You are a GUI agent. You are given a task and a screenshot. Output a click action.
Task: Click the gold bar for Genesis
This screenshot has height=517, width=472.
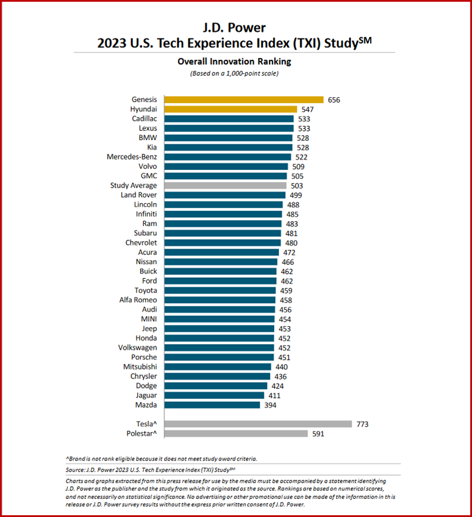[x=244, y=100]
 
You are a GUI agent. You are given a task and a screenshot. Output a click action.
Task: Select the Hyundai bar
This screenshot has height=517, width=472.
[x=230, y=109]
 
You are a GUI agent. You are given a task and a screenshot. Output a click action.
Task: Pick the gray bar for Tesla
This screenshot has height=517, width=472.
[x=258, y=424]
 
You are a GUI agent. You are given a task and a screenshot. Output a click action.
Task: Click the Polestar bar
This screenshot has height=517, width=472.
[x=236, y=433]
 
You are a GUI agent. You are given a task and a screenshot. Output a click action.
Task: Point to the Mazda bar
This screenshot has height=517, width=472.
[x=212, y=405]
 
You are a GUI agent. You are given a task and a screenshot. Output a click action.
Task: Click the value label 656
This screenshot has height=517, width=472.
[x=334, y=100]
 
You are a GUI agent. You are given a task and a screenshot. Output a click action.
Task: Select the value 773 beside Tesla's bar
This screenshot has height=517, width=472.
[x=363, y=424]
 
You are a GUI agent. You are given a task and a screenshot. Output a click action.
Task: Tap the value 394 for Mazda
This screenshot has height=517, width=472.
[x=270, y=405]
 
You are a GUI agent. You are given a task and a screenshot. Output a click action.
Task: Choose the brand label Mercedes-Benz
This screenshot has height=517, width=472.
[x=132, y=157]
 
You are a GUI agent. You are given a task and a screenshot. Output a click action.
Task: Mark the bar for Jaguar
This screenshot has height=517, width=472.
[x=214, y=395]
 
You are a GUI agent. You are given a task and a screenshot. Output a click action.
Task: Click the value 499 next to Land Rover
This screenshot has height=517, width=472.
[x=296, y=195]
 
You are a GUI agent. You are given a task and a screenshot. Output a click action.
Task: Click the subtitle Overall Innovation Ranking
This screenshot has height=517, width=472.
[x=233, y=61]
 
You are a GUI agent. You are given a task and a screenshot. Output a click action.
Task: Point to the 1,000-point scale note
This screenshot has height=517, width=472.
[x=233, y=73]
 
